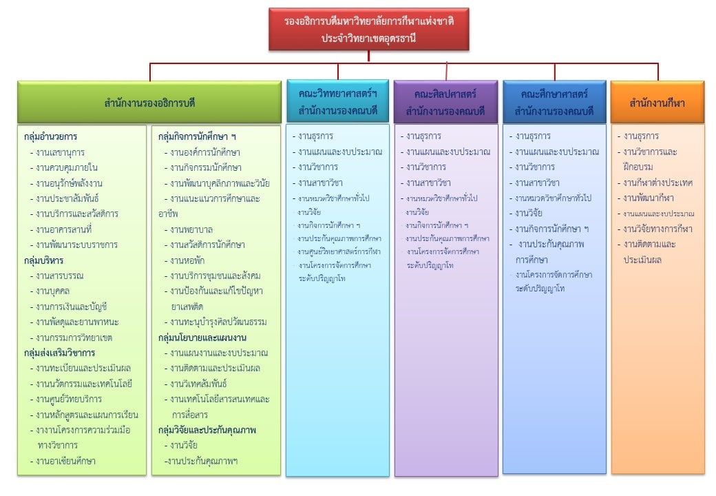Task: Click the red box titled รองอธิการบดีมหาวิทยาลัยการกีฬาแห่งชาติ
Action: point(368,29)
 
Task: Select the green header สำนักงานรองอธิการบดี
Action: point(149,103)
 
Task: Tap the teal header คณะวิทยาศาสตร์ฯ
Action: point(337,102)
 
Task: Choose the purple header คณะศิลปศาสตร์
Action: point(445,102)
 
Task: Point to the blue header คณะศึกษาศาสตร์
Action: point(554,102)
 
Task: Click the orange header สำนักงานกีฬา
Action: point(657,103)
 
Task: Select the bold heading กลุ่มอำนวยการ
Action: point(50,136)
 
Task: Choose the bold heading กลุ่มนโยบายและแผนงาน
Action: point(202,338)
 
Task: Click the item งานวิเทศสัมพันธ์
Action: point(198,384)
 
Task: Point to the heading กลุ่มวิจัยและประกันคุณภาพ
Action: point(207,430)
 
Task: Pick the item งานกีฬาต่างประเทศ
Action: point(657,183)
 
